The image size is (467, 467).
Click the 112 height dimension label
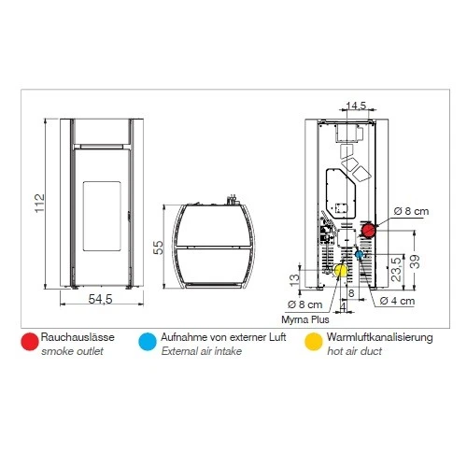pos(40,204)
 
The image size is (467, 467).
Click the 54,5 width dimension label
pos(100,299)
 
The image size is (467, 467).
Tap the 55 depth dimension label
pos(159,248)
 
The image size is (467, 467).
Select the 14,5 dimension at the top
pos(357,106)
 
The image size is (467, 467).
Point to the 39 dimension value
pos(415,262)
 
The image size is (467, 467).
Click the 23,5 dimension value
pos(397,269)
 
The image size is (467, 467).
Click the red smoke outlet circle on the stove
pos(369,231)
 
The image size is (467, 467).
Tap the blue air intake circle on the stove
pos(360,255)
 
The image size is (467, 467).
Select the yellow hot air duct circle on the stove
pos(341,270)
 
